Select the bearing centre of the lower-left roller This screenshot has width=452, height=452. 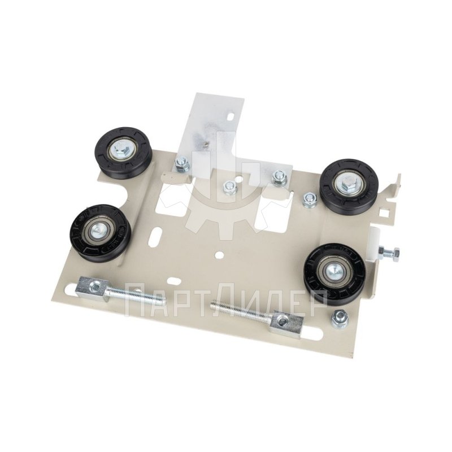[x=96, y=232]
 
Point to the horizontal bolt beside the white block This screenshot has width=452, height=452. [x=389, y=253]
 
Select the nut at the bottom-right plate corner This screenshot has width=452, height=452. [x=340, y=319]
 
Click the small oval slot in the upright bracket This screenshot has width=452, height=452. [x=231, y=116]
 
